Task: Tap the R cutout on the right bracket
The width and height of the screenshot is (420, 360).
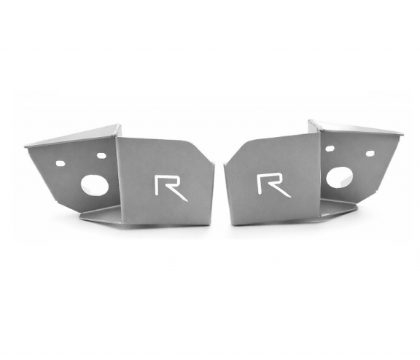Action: coord(272,184)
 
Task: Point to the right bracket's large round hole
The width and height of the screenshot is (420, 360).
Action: coord(338,176)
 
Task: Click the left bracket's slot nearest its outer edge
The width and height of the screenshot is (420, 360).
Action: coord(61,163)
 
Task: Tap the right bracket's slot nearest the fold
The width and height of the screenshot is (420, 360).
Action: coord(330,149)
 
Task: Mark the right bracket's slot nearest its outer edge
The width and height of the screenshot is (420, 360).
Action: coord(370,153)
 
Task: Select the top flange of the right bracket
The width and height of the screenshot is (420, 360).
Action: coord(357,128)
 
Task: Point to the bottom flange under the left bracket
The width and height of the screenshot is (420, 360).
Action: coord(102,215)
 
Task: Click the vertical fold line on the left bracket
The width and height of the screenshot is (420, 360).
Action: coord(117,175)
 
